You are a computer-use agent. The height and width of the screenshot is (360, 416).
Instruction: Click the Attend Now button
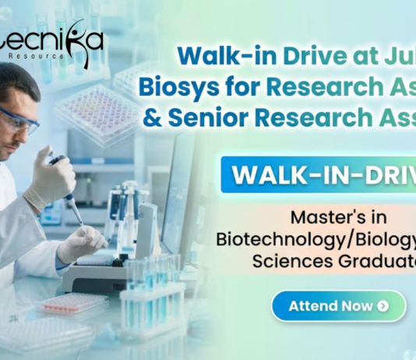tap(338, 306)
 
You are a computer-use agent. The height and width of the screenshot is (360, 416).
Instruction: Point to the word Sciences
tap(284, 259)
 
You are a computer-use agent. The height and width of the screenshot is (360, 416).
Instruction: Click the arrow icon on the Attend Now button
tap(383, 306)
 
